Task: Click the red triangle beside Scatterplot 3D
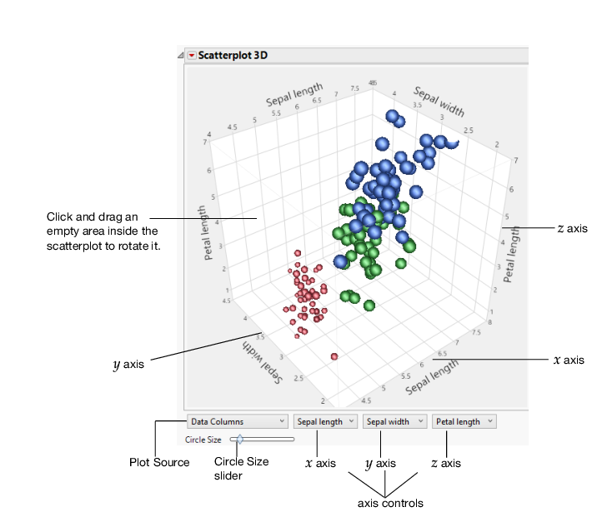tap(192, 56)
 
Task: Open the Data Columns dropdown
tap(238, 422)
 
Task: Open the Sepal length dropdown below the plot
tap(325, 422)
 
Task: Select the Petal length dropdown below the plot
tap(464, 422)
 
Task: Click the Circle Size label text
tap(203, 440)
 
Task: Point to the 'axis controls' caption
tap(390, 503)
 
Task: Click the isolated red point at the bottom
tap(334, 356)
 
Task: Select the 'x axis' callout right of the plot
tap(569, 360)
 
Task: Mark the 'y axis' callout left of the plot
tap(129, 364)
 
